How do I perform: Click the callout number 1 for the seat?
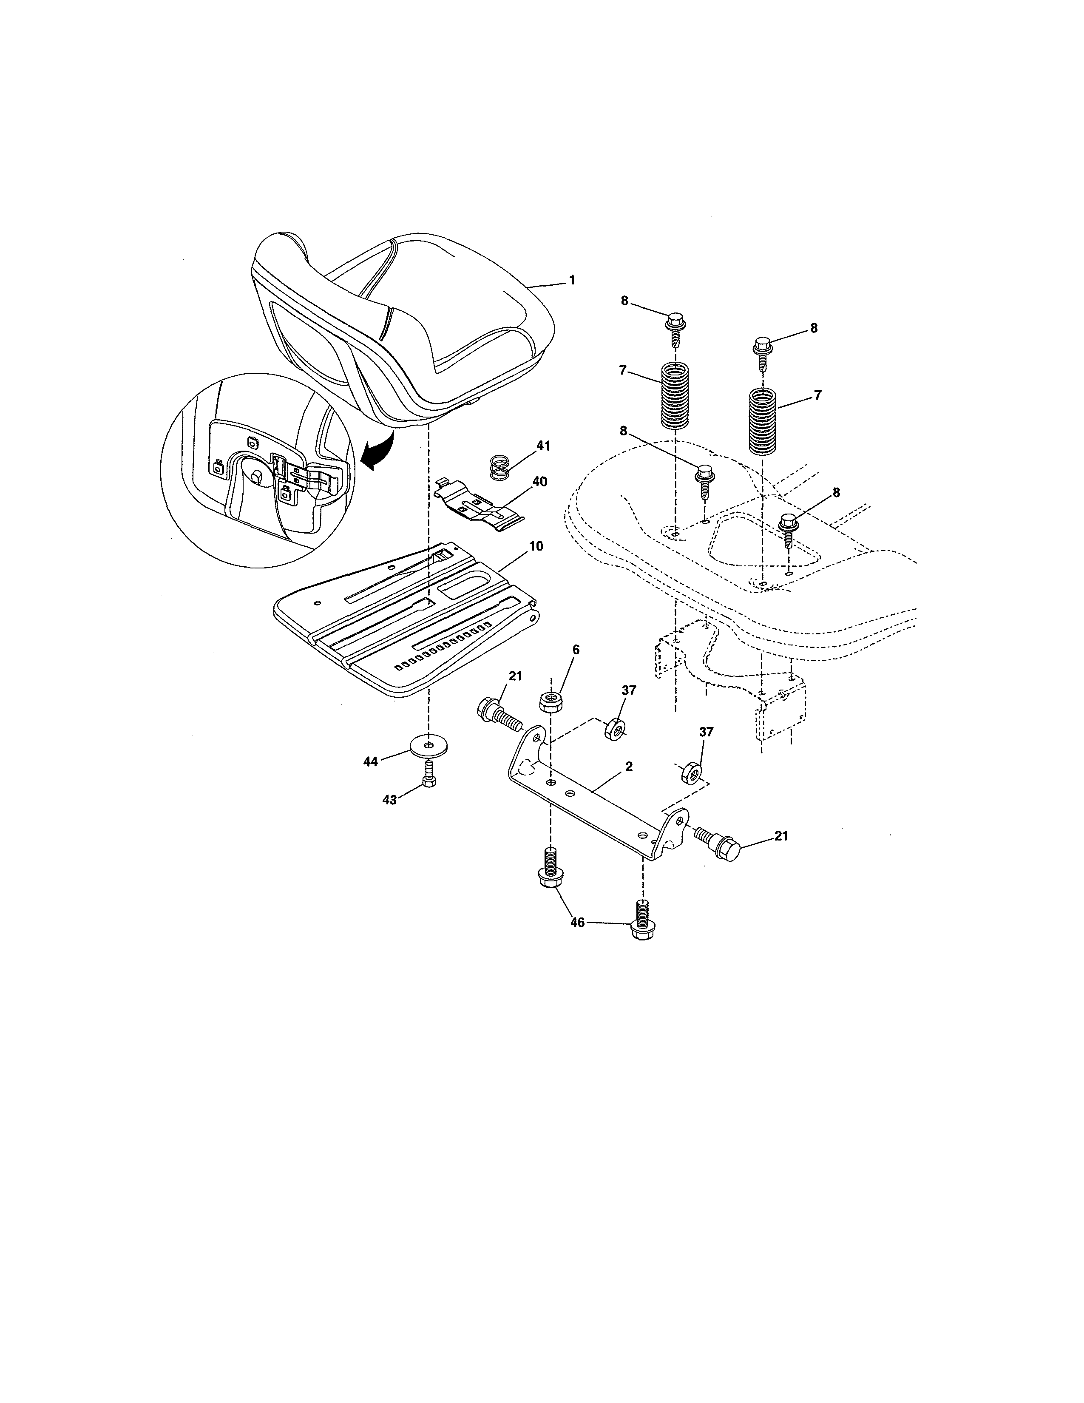[571, 281]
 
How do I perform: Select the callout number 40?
[539, 482]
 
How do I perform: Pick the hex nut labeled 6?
[551, 701]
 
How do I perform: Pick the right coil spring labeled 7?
[762, 421]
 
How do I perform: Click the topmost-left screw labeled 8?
[674, 326]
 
